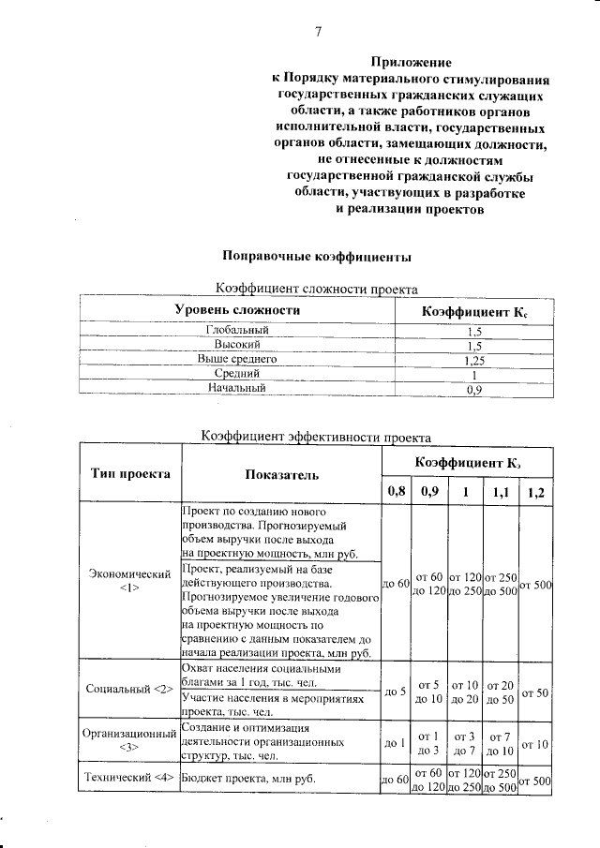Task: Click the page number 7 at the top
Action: tap(318, 32)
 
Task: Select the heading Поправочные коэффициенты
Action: tap(317, 255)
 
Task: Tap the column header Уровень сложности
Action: tap(237, 310)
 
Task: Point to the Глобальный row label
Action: tap(237, 331)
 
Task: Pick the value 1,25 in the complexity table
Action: tap(473, 359)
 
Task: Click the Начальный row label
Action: tap(237, 387)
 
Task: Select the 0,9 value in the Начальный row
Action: tap(473, 388)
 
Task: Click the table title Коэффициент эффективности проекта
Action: tap(317, 435)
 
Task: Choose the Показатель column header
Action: tap(281, 474)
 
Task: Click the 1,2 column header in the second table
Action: tap(535, 492)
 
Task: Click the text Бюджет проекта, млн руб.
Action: tap(248, 779)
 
